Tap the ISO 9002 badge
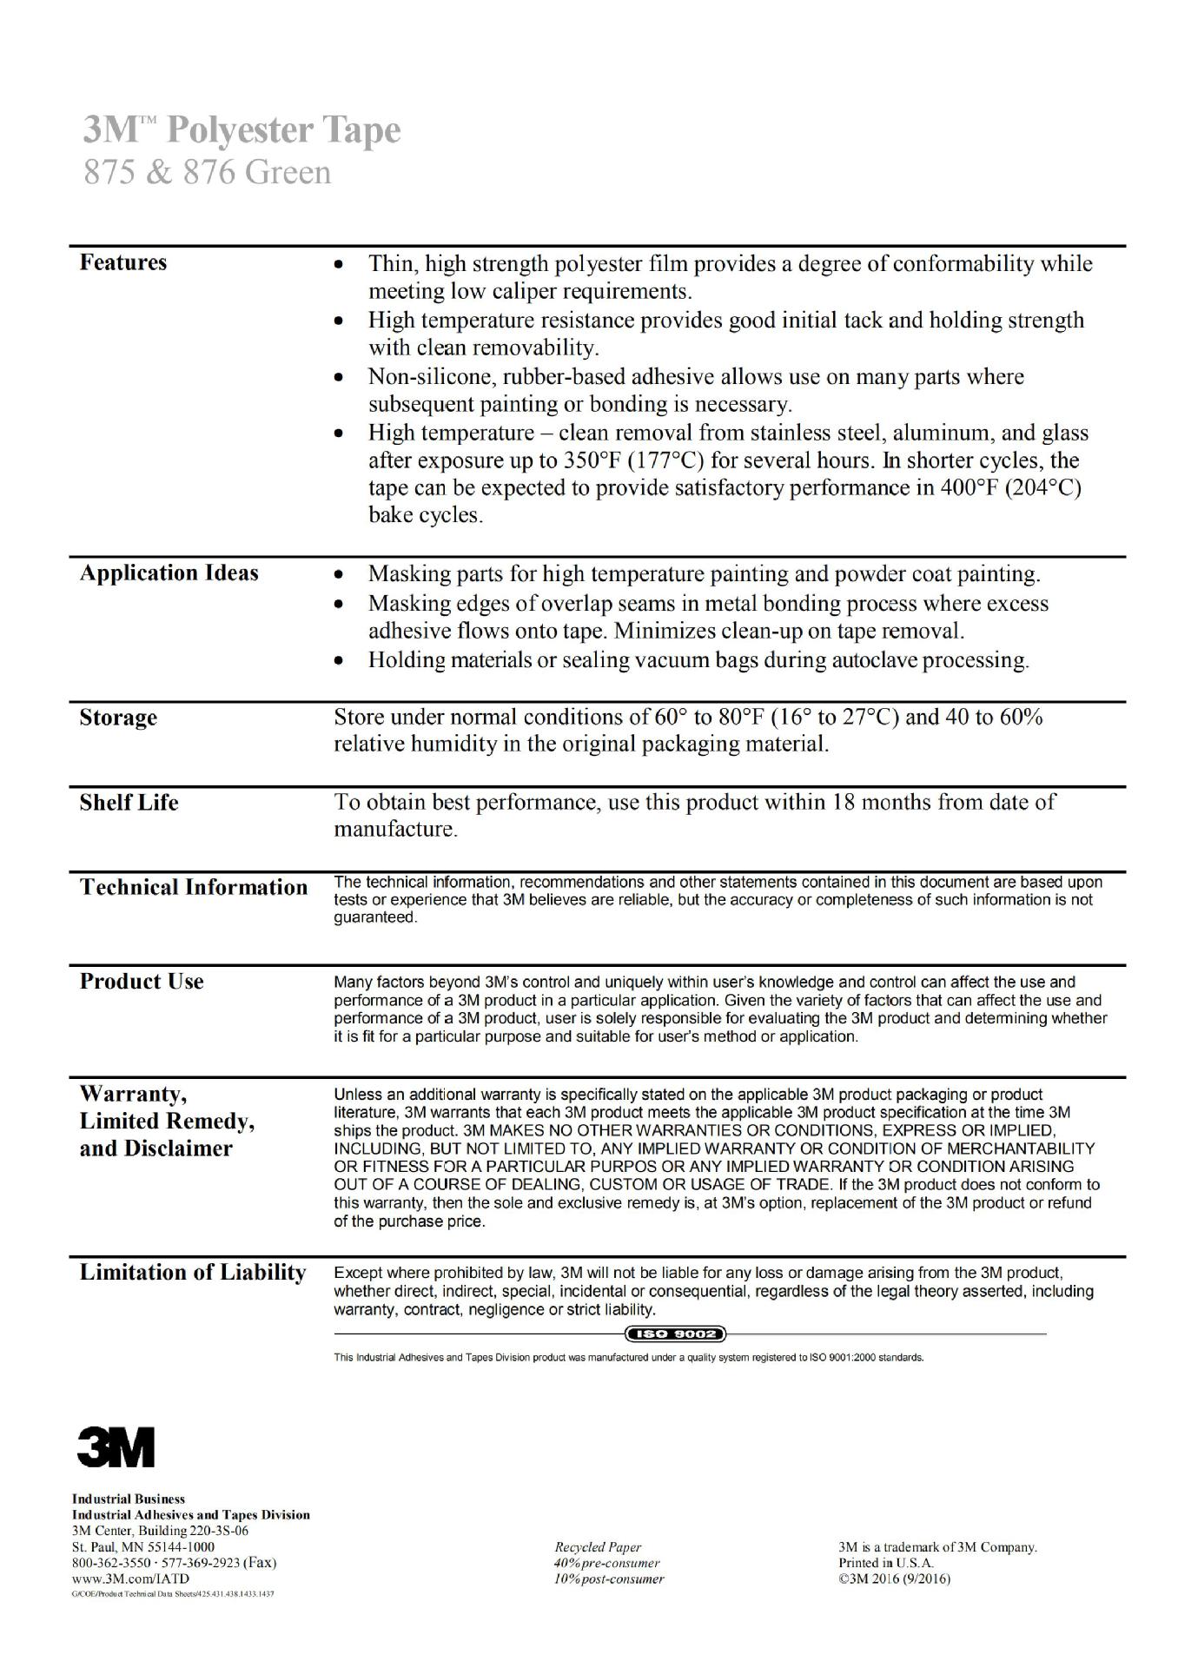point(675,1334)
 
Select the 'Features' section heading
point(122,262)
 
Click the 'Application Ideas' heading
point(169,573)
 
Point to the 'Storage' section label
point(118,718)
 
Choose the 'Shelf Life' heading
point(129,802)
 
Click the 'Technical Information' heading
point(194,887)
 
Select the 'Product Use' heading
point(142,981)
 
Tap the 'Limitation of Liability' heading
point(193,1272)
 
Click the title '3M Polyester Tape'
point(242,130)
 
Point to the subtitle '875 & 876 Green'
point(207,172)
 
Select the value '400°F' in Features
point(970,487)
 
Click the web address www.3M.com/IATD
point(130,1579)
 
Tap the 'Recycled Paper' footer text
point(598,1547)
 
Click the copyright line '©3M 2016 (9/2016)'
point(894,1579)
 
